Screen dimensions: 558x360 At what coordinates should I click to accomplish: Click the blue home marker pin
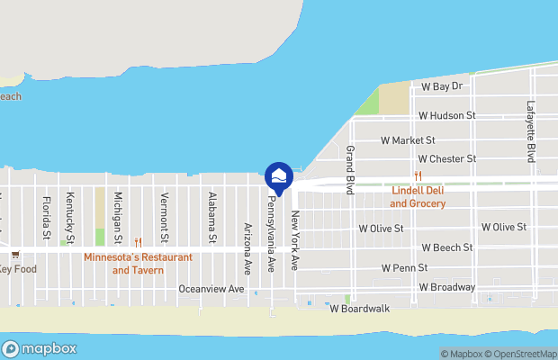(x=279, y=176)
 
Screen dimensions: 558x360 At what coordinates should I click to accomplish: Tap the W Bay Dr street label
(x=441, y=86)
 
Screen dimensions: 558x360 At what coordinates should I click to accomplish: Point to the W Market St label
(x=408, y=140)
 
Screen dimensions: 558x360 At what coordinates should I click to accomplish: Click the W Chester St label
(x=446, y=159)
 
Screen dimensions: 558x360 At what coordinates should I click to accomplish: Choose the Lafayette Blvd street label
(x=531, y=128)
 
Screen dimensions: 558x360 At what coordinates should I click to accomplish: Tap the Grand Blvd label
(x=350, y=169)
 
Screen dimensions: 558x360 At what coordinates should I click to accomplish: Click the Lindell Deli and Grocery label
(x=418, y=197)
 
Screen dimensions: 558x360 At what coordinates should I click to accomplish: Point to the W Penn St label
(x=404, y=268)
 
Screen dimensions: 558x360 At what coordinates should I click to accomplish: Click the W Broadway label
(x=446, y=287)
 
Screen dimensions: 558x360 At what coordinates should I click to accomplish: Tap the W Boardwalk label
(x=359, y=308)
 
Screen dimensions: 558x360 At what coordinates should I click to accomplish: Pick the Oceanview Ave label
(x=211, y=289)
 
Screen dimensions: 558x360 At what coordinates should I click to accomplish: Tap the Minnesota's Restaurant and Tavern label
(x=138, y=263)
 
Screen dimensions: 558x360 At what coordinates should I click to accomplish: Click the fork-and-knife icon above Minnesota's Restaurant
(x=138, y=241)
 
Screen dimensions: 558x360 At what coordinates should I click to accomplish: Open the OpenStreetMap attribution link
(x=517, y=354)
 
